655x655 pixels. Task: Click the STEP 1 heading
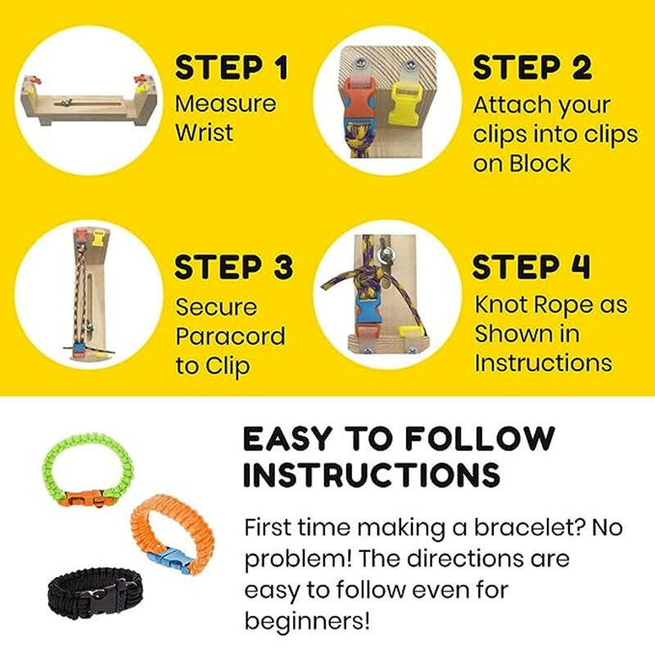(x=232, y=69)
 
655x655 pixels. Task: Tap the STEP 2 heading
(x=532, y=69)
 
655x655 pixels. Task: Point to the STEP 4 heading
(x=532, y=268)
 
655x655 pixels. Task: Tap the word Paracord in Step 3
(x=231, y=337)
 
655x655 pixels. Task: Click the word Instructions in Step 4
(x=543, y=363)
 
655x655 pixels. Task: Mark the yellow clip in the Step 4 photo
(x=406, y=332)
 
